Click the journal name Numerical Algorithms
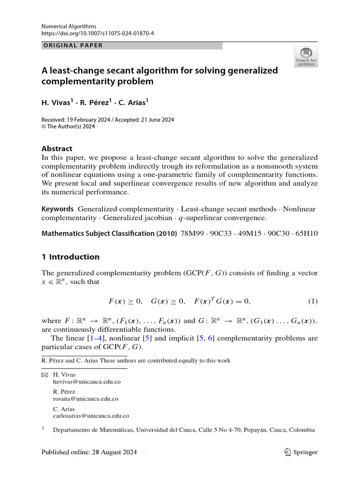click(69, 26)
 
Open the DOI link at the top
click(91, 34)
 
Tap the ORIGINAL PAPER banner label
click(72, 45)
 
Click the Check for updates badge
click(306, 57)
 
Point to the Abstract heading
click(57, 149)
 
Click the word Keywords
click(58, 209)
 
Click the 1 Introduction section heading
click(70, 257)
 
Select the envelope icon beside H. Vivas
click(45, 375)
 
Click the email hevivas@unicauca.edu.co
click(87, 382)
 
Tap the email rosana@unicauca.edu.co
click(85, 399)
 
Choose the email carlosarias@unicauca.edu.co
click(91, 416)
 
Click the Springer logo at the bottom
click(301, 452)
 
